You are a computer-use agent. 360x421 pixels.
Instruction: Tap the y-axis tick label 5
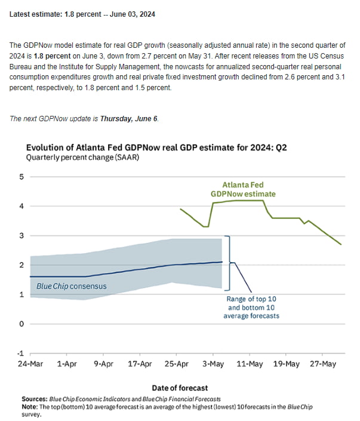pyautogui.click(x=21, y=177)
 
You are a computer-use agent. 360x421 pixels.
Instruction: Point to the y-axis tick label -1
pyautogui.click(x=20, y=354)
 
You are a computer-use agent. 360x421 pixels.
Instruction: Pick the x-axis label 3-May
pyautogui.click(x=213, y=364)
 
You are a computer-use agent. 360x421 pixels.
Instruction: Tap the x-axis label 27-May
pyautogui.click(x=323, y=364)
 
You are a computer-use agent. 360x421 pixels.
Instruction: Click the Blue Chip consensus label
pyautogui.click(x=72, y=286)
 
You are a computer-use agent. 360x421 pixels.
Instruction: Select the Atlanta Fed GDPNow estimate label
pyautogui.click(x=243, y=189)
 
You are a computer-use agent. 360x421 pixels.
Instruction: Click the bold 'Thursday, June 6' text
pyautogui.click(x=128, y=118)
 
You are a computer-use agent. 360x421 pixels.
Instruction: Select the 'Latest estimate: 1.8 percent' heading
pyautogui.click(x=82, y=13)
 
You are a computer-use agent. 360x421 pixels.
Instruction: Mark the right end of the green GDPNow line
pyautogui.click(x=341, y=244)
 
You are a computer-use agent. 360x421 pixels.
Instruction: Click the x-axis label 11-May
pyautogui.click(x=250, y=364)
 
